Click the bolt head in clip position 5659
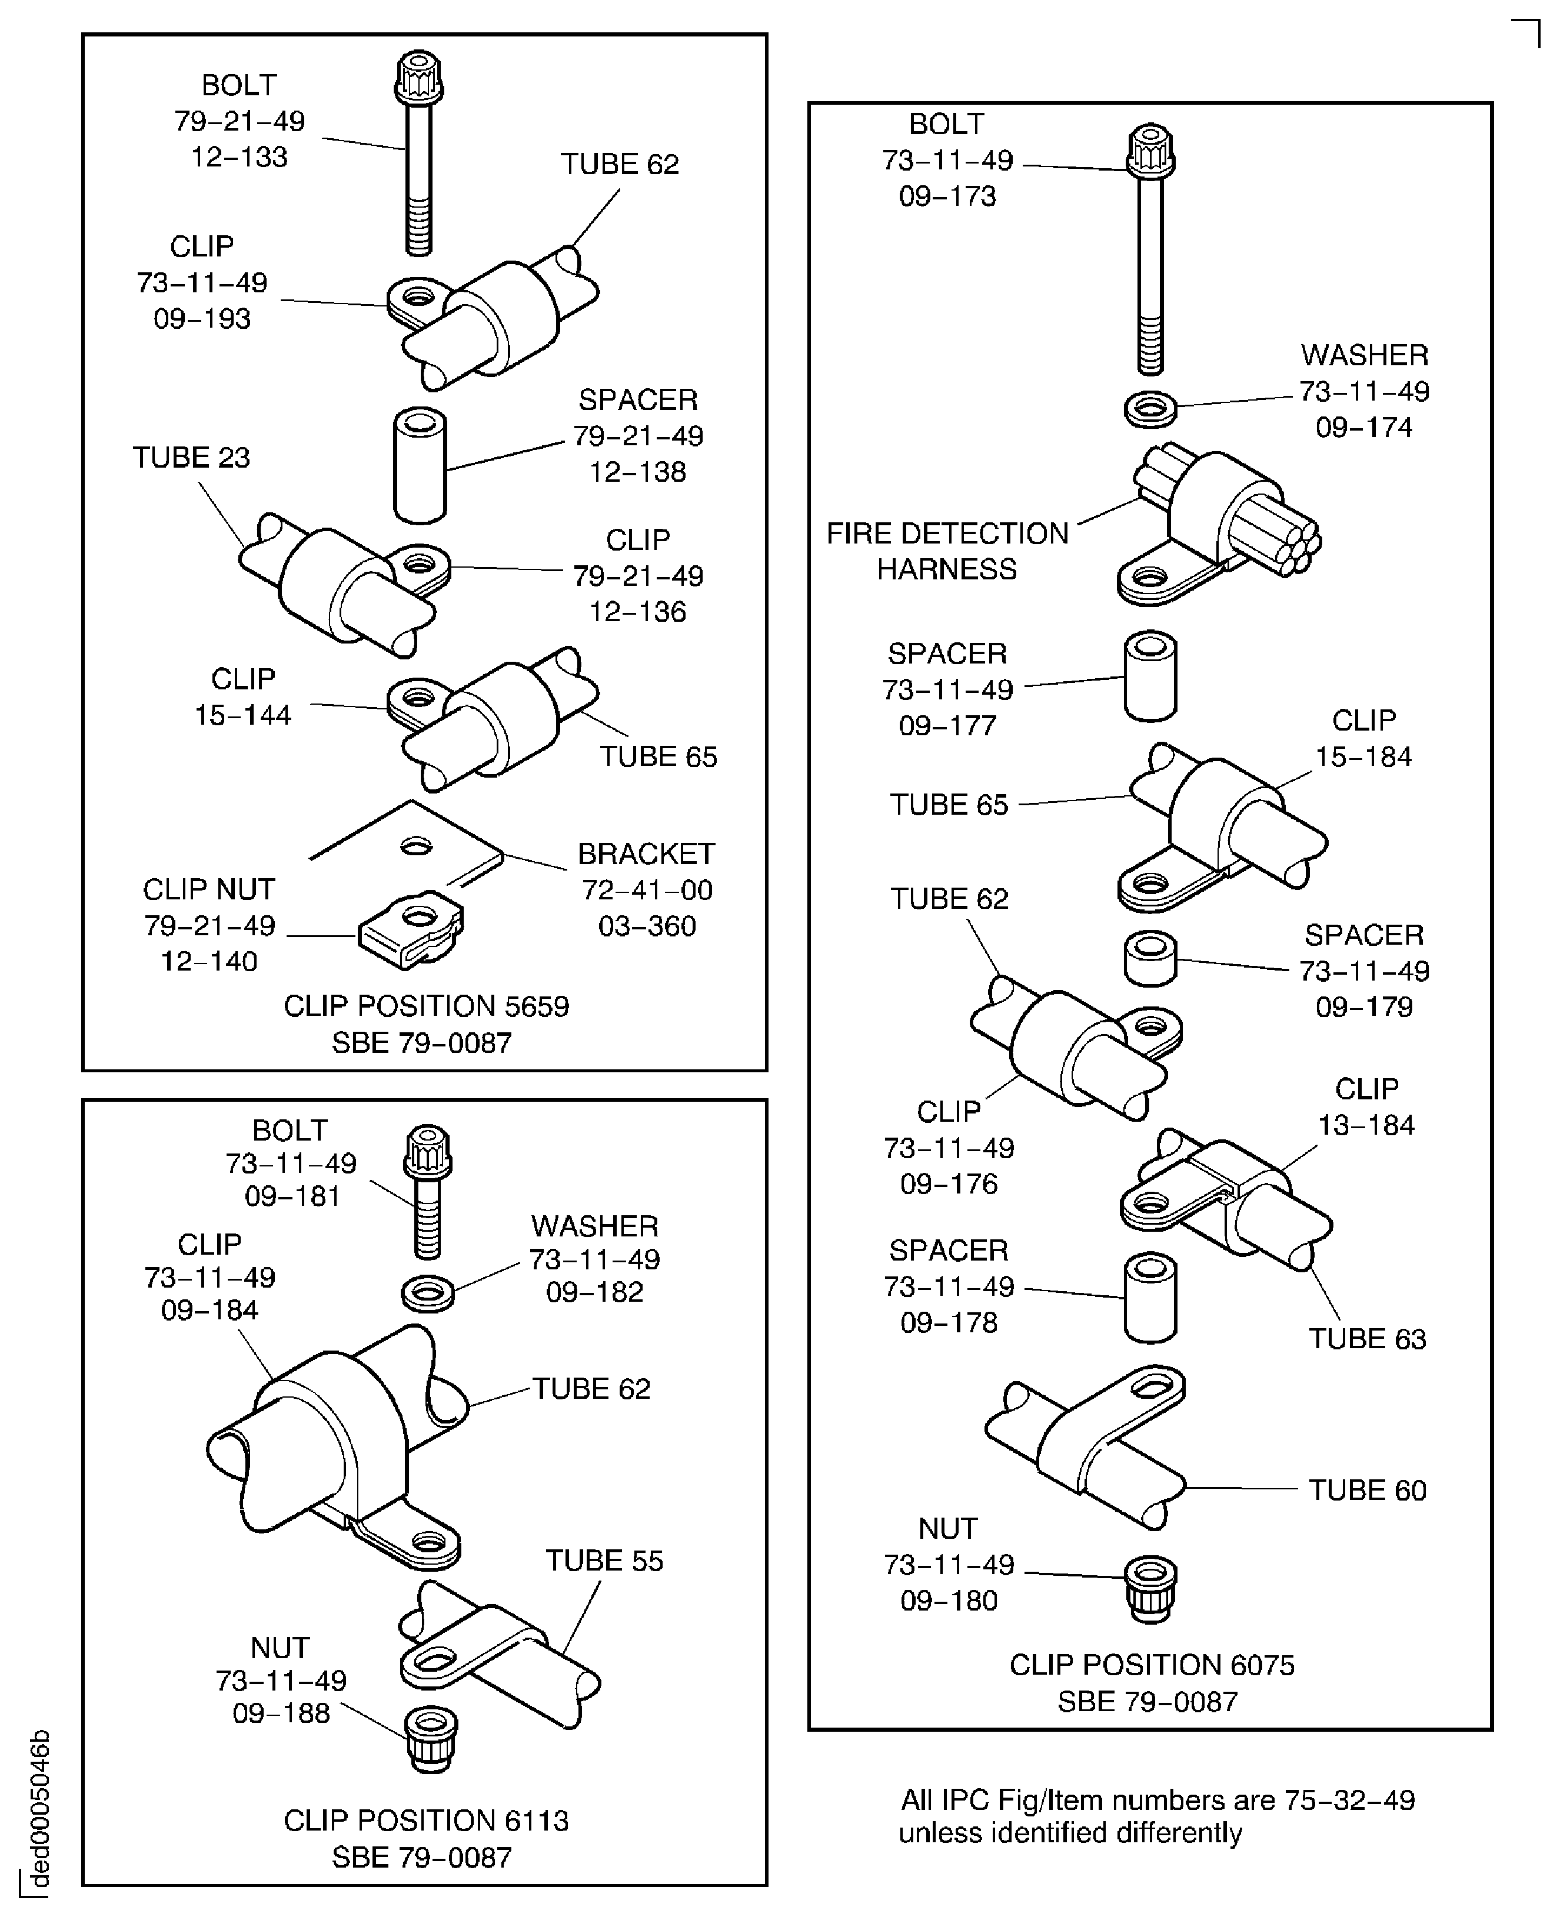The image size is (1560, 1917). [x=419, y=77]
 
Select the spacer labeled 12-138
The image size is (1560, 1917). [x=420, y=465]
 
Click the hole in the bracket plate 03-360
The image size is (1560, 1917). [x=415, y=845]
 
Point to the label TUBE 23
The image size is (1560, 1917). [x=191, y=457]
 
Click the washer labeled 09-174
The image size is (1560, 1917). [x=1150, y=409]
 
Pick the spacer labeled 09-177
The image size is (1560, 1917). [x=1150, y=675]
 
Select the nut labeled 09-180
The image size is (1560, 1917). [x=1150, y=1589]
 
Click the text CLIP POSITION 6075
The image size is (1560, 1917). [x=1151, y=1665]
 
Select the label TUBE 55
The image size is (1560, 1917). [x=604, y=1561]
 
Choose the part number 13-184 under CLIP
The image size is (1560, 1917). [x=1365, y=1125]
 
